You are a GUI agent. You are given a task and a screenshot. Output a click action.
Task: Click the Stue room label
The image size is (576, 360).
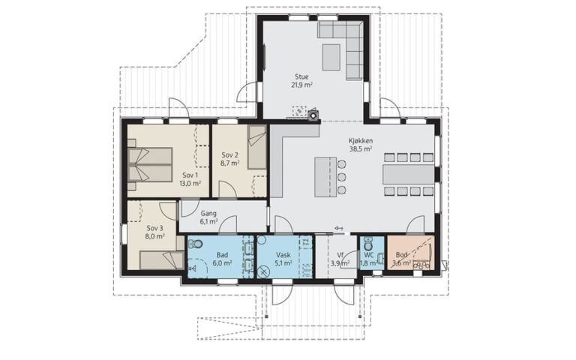click(301, 76)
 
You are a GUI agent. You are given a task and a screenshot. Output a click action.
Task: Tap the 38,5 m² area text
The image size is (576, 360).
click(361, 148)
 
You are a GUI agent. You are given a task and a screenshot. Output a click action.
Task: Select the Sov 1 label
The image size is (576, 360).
click(190, 175)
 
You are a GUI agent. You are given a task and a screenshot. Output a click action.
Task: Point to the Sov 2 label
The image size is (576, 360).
click(230, 155)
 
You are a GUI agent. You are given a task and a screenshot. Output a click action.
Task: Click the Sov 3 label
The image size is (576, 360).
click(154, 228)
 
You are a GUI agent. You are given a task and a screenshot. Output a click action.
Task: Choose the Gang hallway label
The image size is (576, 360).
click(208, 213)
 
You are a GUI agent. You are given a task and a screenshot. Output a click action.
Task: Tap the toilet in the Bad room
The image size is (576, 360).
click(196, 244)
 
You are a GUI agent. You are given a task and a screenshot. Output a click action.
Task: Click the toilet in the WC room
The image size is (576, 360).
click(367, 243)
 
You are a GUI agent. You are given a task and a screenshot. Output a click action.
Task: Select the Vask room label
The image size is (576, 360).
click(283, 254)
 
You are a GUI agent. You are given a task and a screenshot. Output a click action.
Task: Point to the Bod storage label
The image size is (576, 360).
click(401, 254)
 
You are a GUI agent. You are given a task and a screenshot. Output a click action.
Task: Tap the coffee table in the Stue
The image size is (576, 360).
click(331, 57)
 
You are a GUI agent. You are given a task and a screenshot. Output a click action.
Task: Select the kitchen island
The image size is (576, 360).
click(325, 177)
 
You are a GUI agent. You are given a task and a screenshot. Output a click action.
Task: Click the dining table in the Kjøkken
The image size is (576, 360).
click(409, 174)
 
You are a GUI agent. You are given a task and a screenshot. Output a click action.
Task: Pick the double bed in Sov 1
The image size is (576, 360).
click(150, 164)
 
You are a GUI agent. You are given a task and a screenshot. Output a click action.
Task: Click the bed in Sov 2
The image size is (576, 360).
click(256, 147)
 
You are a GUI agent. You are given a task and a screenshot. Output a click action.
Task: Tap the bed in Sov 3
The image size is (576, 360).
click(162, 260)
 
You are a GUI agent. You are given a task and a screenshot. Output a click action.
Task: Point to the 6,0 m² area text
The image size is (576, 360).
click(222, 263)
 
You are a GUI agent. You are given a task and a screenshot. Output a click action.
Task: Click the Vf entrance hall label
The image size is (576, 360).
click(340, 255)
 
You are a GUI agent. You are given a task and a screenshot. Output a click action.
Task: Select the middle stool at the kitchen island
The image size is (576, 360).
click(342, 178)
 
